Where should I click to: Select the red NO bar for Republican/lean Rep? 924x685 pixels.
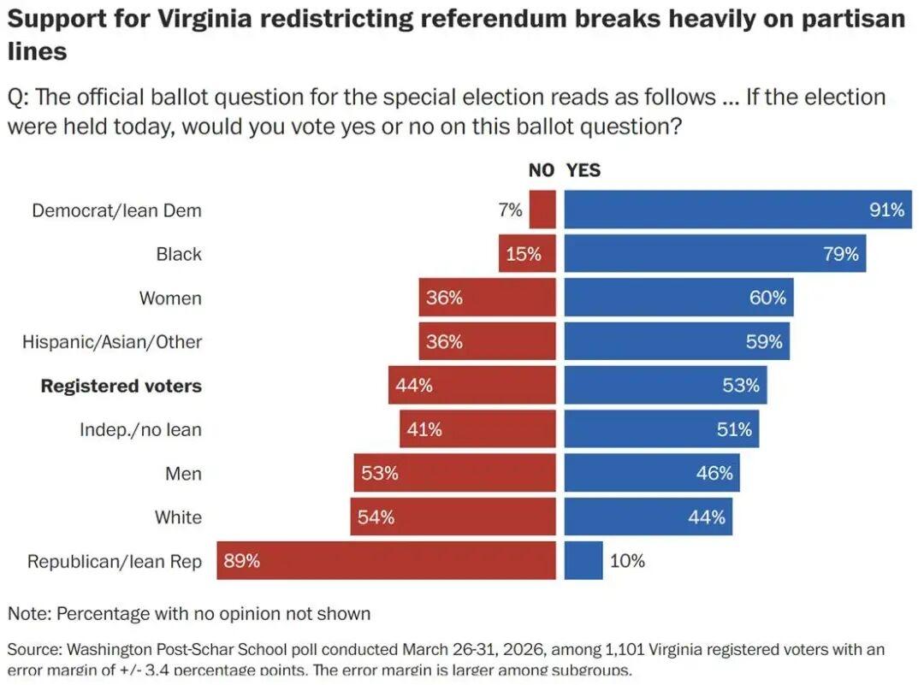pos(386,561)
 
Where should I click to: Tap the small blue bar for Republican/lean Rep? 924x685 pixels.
pos(583,561)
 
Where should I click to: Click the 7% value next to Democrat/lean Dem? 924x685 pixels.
pos(510,210)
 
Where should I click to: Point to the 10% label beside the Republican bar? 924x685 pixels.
pos(627,561)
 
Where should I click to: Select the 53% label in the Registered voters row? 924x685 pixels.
pos(740,386)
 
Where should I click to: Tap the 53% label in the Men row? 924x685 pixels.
pos(379,473)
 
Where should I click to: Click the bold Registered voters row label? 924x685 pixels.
pos(121,386)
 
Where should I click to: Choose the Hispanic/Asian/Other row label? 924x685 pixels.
pos(112,342)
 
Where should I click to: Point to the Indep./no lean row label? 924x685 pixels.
pos(140,429)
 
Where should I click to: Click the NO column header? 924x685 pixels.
pos(541,170)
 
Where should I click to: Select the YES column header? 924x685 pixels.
pos(583,170)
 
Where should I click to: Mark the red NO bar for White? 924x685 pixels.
pos(453,517)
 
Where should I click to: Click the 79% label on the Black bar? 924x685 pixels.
pos(840,254)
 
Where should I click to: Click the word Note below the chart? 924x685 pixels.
pos(27,613)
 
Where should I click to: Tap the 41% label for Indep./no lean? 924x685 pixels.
pos(424,429)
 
